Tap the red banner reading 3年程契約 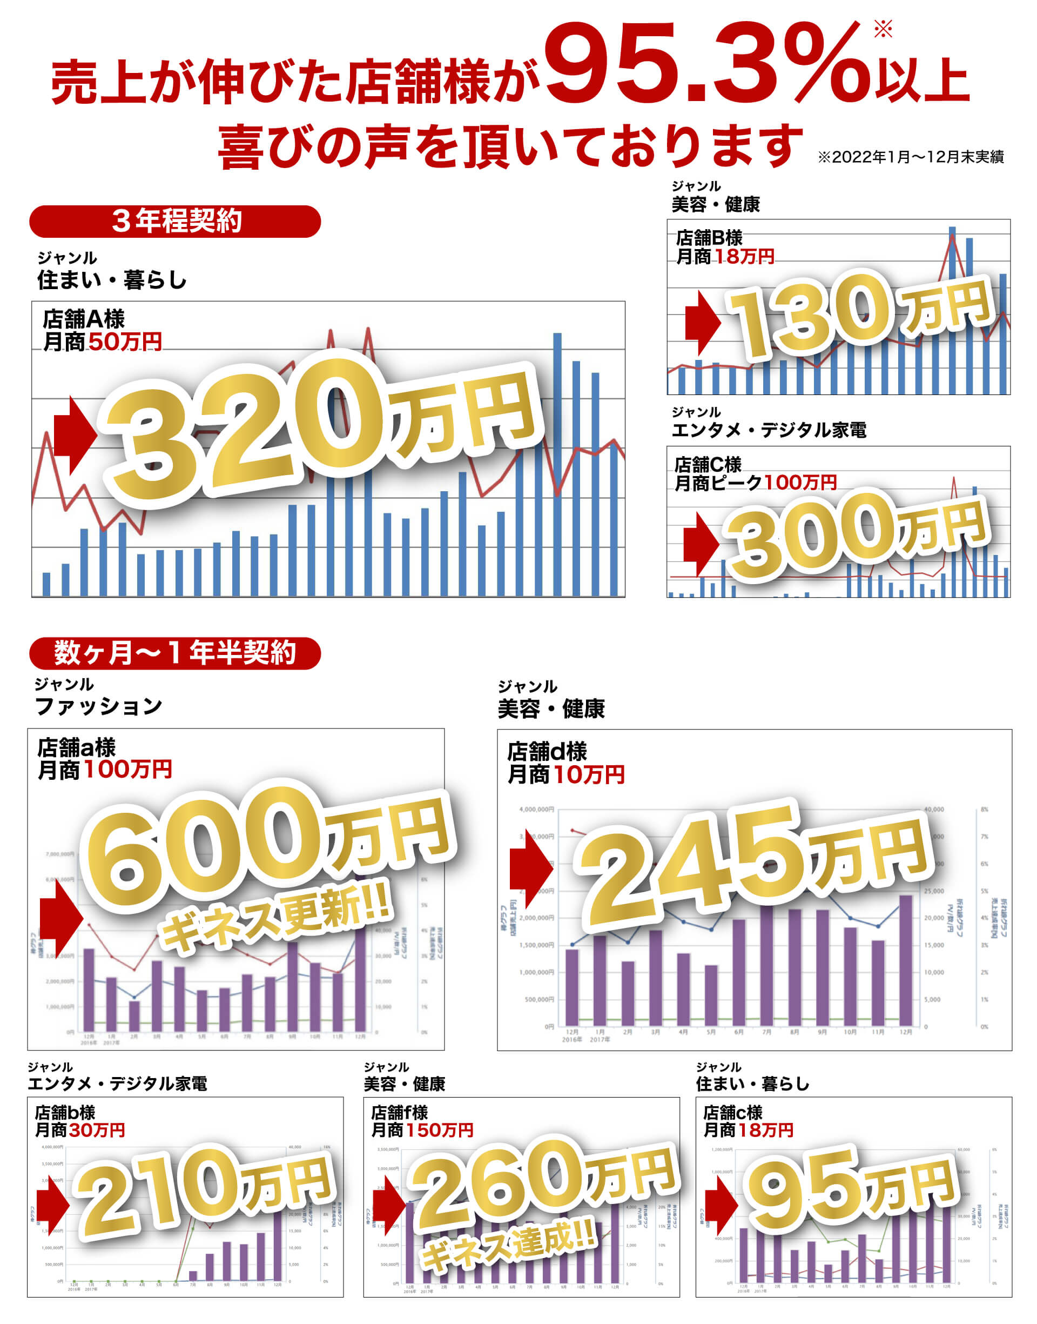coord(175,221)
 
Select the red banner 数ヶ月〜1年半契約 coord(175,653)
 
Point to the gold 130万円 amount coord(856,313)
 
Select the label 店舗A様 coord(84,319)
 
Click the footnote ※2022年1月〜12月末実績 coord(910,157)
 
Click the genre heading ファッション coord(98,706)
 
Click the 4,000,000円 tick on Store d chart coord(536,809)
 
